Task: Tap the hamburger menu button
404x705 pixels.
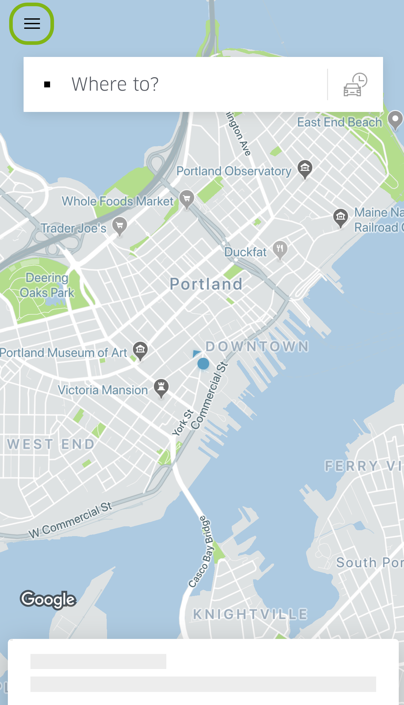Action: [x=32, y=24]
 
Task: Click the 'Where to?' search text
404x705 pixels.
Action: [x=115, y=84]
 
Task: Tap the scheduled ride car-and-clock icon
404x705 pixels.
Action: [x=355, y=84]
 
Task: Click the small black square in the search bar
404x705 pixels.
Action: [x=47, y=85]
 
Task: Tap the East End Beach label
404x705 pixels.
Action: [x=340, y=122]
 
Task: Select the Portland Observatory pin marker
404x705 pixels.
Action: [x=305, y=168]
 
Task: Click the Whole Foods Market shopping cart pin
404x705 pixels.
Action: [x=187, y=198]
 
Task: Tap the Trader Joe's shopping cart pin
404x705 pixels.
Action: [x=119, y=225]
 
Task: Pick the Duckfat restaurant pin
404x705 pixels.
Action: [x=280, y=249]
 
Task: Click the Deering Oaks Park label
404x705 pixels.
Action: [x=47, y=285]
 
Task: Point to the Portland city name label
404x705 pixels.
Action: [x=206, y=284]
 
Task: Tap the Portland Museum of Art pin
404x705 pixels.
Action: [x=140, y=350]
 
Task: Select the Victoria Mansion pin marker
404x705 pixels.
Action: [x=161, y=387]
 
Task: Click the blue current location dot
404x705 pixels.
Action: [x=203, y=364]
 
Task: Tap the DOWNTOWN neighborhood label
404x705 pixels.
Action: [x=257, y=346]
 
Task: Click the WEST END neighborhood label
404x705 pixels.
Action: [x=51, y=444]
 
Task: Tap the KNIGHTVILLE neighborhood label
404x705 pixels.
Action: [x=250, y=614]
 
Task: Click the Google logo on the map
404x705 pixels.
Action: [x=48, y=599]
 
